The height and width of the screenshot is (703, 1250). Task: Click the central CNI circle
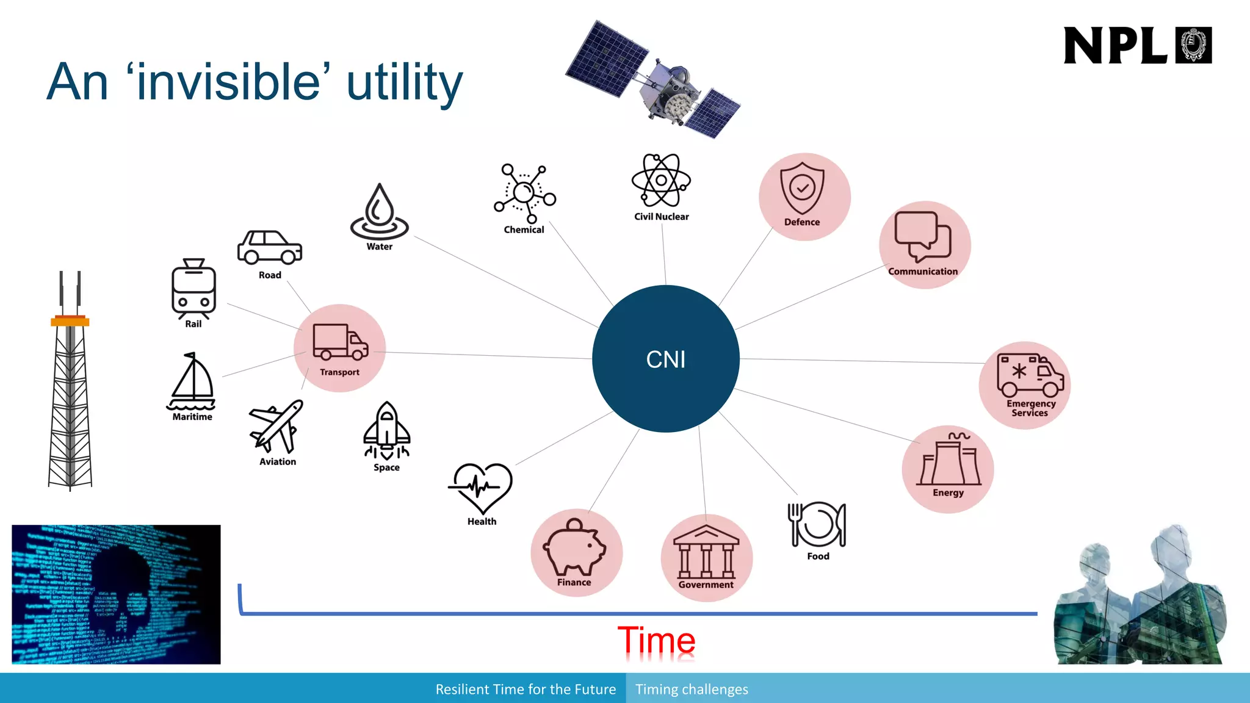click(x=665, y=359)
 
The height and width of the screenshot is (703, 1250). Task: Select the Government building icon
click(x=706, y=552)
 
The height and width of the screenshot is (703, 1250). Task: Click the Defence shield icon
click(x=802, y=188)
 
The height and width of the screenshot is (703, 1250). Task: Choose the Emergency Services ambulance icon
click(x=1030, y=375)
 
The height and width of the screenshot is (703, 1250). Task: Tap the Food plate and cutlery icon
click(x=817, y=524)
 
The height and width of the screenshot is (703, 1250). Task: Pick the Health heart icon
click(x=481, y=488)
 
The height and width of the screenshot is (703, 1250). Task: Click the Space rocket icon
click(x=386, y=430)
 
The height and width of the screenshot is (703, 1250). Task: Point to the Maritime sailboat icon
click(x=192, y=383)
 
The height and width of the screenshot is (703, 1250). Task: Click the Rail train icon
click(x=193, y=289)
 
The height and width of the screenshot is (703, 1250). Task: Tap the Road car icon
click(x=269, y=247)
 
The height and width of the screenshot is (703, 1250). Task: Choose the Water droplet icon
click(x=379, y=211)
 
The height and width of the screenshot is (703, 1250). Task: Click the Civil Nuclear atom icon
click(x=661, y=181)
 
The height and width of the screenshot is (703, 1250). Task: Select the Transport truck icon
click(x=340, y=342)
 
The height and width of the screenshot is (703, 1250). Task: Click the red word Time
click(x=656, y=641)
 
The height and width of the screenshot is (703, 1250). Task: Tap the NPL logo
click(x=1137, y=45)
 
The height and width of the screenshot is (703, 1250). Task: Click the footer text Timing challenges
click(x=692, y=690)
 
